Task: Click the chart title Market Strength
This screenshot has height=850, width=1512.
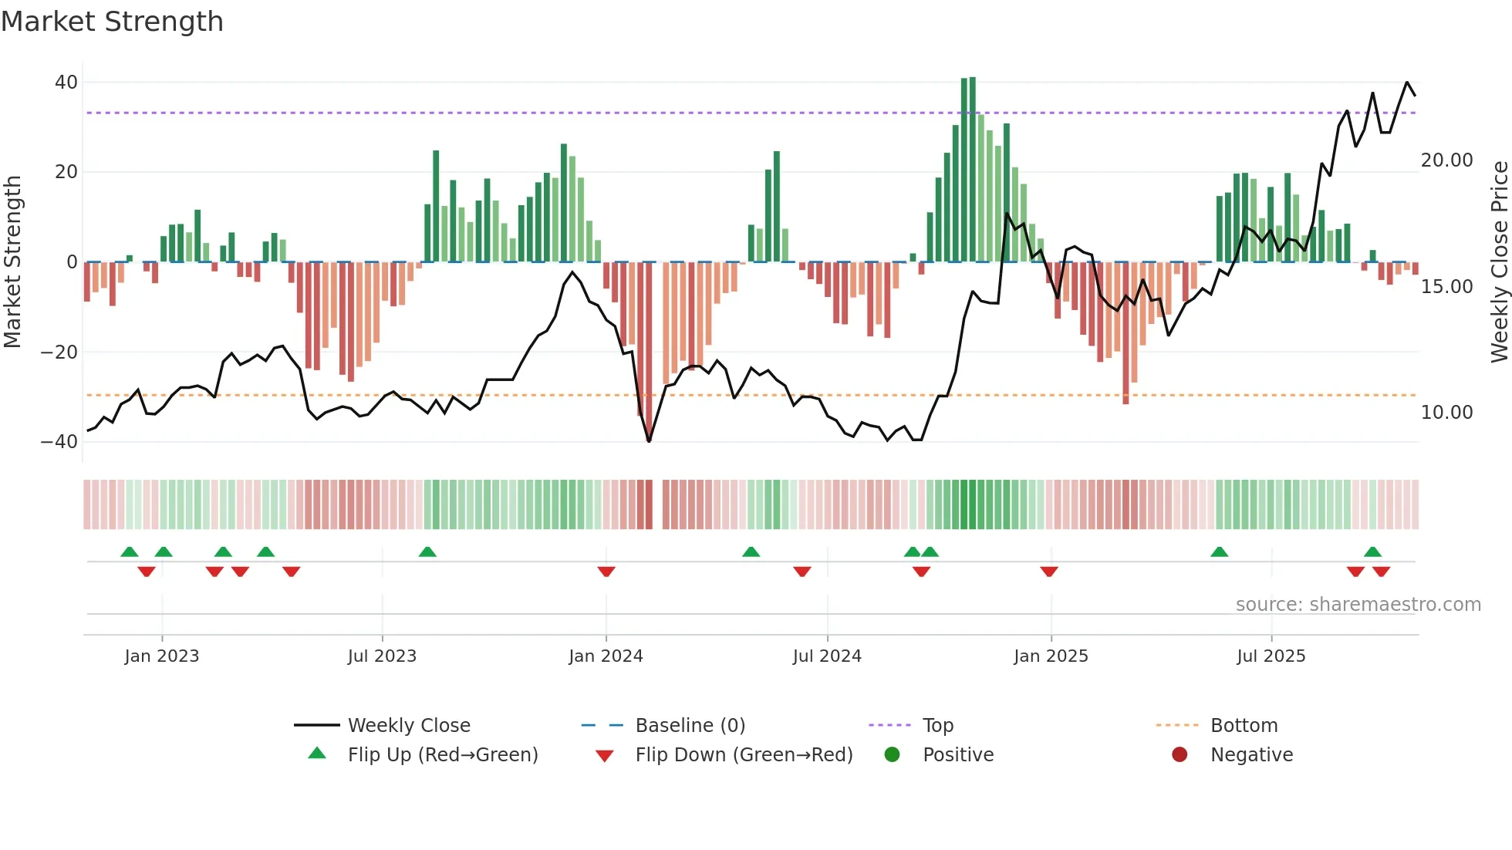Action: click(112, 22)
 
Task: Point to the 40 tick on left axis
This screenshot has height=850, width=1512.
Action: click(66, 83)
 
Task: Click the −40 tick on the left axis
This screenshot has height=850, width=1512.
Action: click(59, 442)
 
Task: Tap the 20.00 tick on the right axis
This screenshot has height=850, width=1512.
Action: click(1446, 160)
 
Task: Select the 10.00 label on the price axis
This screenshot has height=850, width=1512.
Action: click(1446, 413)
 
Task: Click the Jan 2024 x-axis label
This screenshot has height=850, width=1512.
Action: click(606, 656)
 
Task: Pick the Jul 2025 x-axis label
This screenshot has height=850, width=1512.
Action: click(1271, 656)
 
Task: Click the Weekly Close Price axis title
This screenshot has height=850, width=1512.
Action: click(1499, 262)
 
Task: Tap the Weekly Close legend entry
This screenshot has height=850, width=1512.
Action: click(408, 726)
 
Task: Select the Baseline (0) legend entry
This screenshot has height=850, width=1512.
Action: click(690, 726)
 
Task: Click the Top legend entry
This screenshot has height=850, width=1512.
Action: click(937, 726)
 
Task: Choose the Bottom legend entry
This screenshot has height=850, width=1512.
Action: click(1244, 726)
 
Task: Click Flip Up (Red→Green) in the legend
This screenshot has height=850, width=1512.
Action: click(442, 755)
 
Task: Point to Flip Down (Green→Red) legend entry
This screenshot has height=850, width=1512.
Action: click(744, 755)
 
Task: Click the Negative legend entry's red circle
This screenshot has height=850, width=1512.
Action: click(1180, 755)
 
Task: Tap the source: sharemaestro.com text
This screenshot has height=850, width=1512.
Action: click(1358, 605)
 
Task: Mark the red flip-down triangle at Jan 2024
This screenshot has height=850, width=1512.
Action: click(606, 572)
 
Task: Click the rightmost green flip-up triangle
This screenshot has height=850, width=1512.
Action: click(1372, 551)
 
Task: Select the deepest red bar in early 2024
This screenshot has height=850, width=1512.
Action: click(649, 351)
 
